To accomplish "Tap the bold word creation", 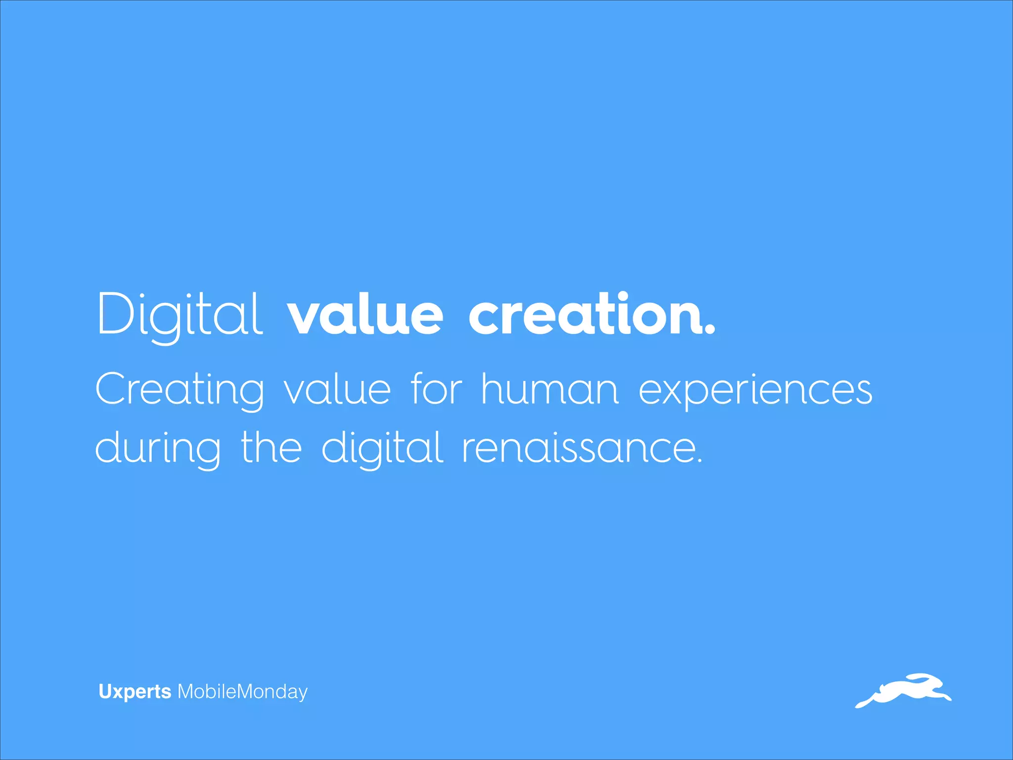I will pyautogui.click(x=584, y=315).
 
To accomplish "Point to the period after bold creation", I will pyautogui.click(x=710, y=331).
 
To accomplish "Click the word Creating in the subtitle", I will pyautogui.click(x=180, y=390).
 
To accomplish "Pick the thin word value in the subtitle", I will pyautogui.click(x=337, y=390).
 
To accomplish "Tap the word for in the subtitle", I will pyautogui.click(x=436, y=389).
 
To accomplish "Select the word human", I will pyautogui.click(x=550, y=389).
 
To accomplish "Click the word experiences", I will pyautogui.click(x=755, y=391).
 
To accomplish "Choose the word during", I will pyautogui.click(x=157, y=448).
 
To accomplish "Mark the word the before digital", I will pyautogui.click(x=271, y=447).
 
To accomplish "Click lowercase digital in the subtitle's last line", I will pyautogui.click(x=382, y=448).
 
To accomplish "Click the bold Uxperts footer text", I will pyautogui.click(x=135, y=692).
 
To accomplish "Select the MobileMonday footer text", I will pyautogui.click(x=242, y=692).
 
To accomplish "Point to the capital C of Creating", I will pyautogui.click(x=112, y=389).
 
